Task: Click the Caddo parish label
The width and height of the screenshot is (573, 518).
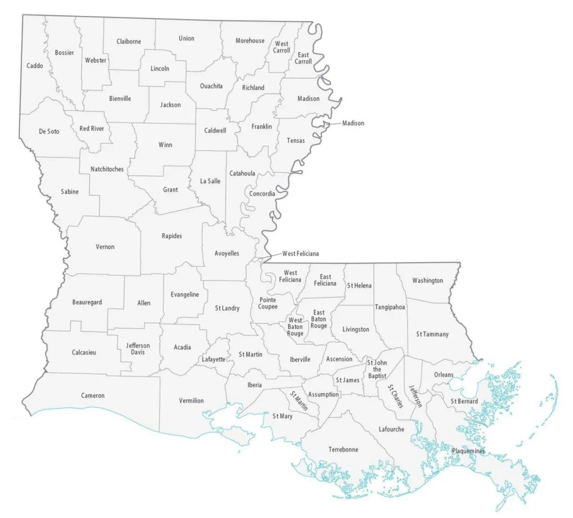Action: coord(35,66)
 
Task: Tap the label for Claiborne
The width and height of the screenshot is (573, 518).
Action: coord(129,41)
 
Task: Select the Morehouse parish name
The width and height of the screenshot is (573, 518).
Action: coord(250,41)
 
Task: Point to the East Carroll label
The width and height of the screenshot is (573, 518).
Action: coord(303,58)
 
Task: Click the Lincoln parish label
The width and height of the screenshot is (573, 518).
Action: coord(160,69)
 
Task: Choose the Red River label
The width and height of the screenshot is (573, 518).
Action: coord(92,129)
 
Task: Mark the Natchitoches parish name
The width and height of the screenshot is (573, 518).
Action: coord(107,169)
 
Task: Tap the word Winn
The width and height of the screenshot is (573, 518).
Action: coord(165,145)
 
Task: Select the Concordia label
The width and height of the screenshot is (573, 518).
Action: coord(262,194)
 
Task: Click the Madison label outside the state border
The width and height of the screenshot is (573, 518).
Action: coord(353,123)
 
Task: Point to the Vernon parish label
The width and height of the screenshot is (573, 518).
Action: coord(105,247)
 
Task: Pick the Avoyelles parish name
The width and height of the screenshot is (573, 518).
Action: coord(227,254)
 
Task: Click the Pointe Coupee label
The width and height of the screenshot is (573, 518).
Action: coord(267,303)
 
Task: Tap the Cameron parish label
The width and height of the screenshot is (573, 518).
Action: coord(93,396)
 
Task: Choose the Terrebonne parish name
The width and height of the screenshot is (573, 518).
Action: coord(344,449)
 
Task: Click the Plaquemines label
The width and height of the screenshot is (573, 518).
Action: coord(469,451)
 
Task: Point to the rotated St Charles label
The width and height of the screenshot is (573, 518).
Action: coord(396,397)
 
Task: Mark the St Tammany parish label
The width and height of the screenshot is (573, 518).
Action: coord(433,334)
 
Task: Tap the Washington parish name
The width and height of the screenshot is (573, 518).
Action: coord(428,281)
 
